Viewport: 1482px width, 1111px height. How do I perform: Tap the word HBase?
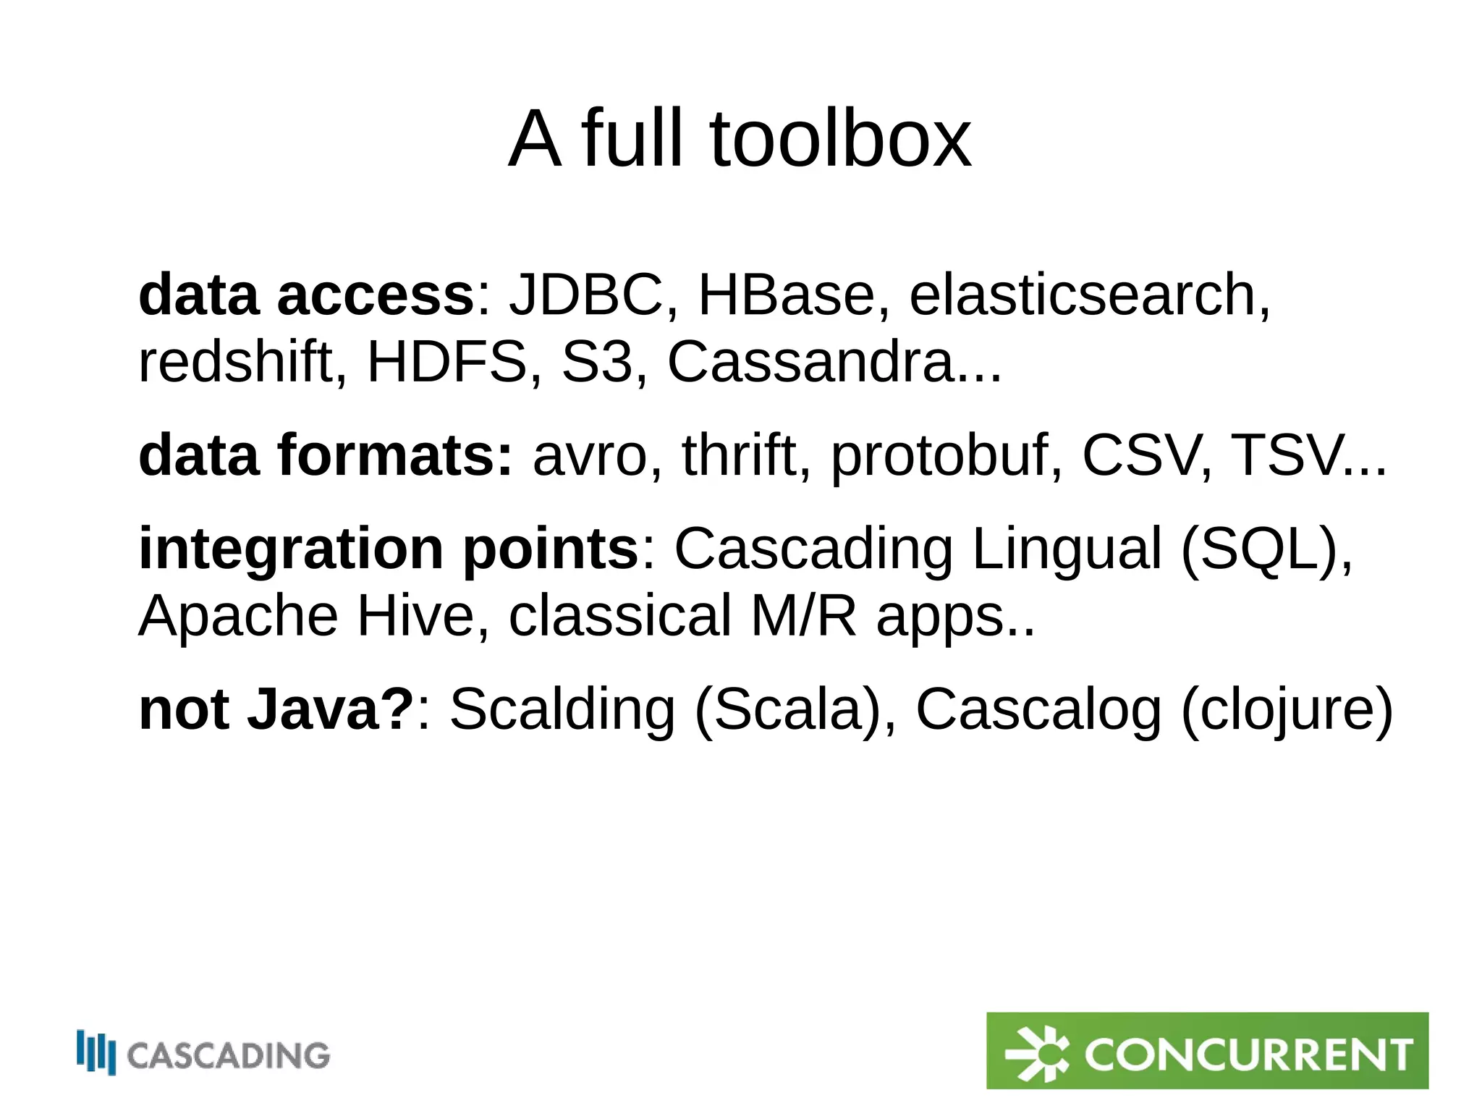[787, 295]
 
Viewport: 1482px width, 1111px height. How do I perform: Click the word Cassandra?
[810, 362]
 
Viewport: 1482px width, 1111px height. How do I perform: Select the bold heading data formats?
[325, 455]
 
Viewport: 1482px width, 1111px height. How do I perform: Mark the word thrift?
[738, 455]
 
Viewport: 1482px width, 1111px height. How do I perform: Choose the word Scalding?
[562, 710]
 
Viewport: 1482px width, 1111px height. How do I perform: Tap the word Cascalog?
[1038, 710]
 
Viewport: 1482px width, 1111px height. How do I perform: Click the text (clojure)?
[1286, 710]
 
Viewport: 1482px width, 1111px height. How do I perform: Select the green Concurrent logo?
[1207, 1050]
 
